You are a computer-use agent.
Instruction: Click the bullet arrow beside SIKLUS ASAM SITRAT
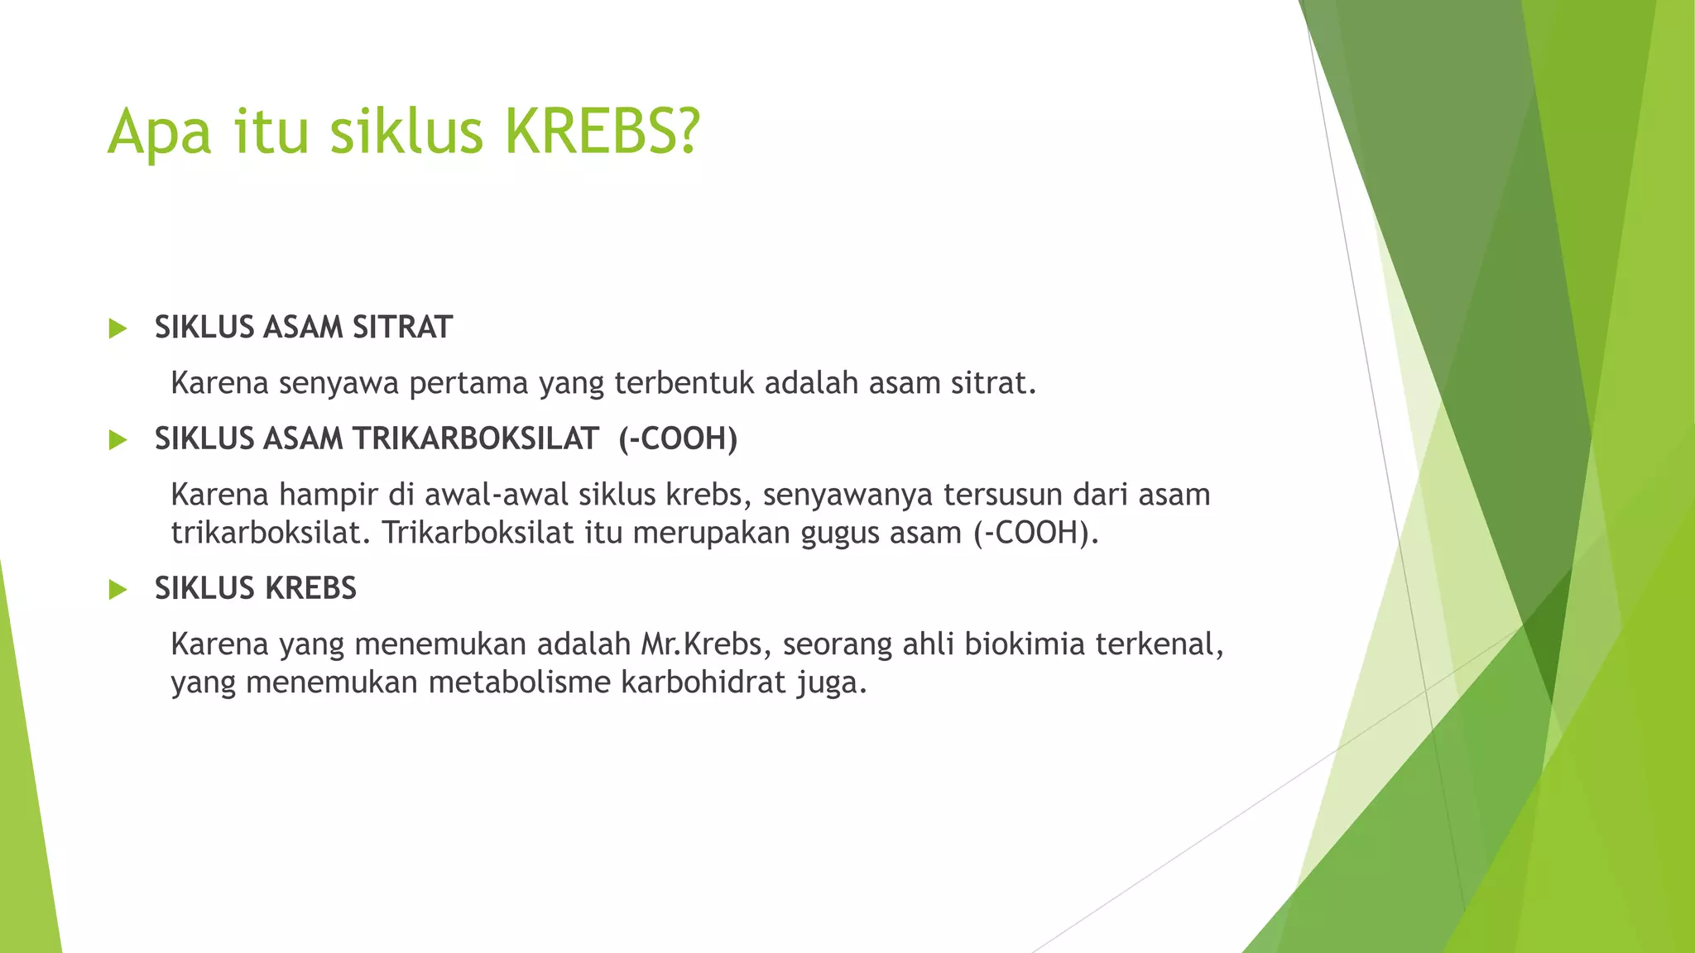click(118, 328)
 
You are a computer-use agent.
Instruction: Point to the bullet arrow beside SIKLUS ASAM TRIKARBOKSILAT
click(118, 440)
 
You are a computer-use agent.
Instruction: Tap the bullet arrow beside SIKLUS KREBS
click(118, 590)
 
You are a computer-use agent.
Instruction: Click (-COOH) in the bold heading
click(678, 439)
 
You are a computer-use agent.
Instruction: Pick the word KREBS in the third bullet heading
click(310, 589)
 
